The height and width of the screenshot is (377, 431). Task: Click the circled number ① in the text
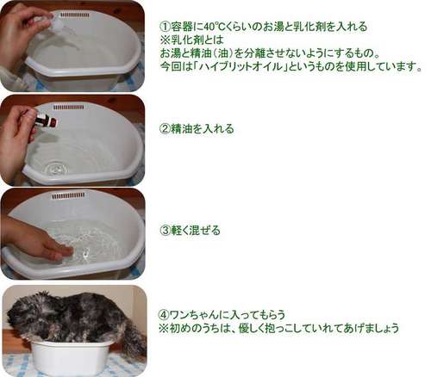(165, 27)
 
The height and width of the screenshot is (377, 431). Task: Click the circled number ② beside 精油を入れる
(165, 128)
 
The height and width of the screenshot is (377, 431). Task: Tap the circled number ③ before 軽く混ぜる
(165, 231)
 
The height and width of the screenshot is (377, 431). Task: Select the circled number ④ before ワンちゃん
(164, 315)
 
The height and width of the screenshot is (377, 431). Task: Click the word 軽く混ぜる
(196, 231)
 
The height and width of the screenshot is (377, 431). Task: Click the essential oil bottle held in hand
(47, 119)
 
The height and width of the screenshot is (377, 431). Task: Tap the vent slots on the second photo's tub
(69, 108)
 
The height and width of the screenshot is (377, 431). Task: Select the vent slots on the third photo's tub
(68, 196)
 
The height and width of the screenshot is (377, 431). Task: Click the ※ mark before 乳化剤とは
(165, 40)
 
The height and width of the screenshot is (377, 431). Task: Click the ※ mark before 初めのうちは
(164, 328)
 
